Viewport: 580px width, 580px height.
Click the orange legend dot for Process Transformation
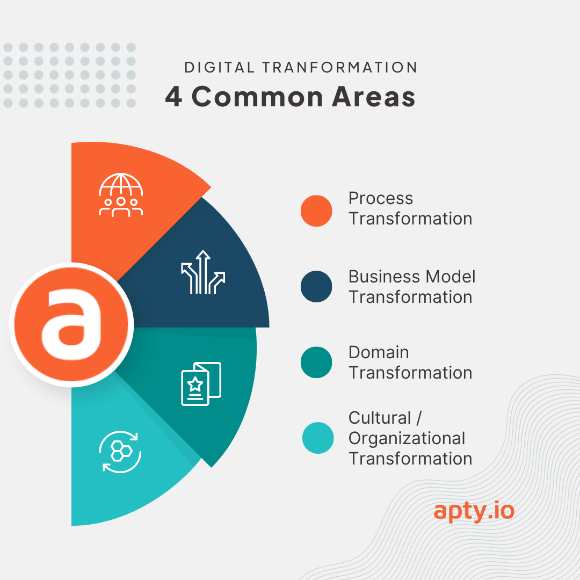(x=316, y=211)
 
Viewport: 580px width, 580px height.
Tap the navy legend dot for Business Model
(x=316, y=287)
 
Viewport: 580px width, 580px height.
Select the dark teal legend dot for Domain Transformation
(x=316, y=363)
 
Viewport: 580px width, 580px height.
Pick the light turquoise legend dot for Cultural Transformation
(x=318, y=438)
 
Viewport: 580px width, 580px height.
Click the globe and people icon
(x=121, y=195)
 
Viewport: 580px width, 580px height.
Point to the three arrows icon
(x=203, y=272)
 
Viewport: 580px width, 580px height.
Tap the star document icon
(x=201, y=383)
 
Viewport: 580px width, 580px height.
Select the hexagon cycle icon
(x=120, y=452)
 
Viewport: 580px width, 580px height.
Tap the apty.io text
(x=474, y=512)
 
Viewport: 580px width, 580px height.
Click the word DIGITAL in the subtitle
(x=220, y=67)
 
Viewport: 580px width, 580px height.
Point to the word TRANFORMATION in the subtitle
(x=340, y=67)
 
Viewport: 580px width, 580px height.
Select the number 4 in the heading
(x=173, y=97)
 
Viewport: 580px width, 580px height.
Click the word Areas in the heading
(x=374, y=97)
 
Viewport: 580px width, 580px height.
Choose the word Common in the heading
(x=257, y=97)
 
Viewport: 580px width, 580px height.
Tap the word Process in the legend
(x=381, y=198)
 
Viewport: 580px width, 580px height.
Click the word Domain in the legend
(x=379, y=352)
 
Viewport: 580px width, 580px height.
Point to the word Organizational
(x=407, y=439)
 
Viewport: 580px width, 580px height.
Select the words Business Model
(x=412, y=277)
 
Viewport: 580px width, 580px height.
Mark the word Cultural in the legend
(x=380, y=418)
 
